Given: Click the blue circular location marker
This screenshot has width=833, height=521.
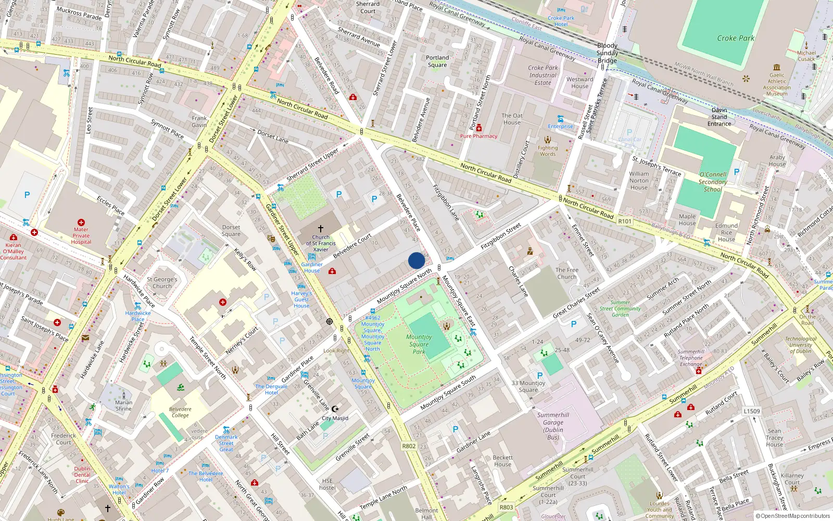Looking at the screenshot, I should [x=416, y=260].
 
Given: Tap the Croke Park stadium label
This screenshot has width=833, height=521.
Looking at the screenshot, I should [x=735, y=38].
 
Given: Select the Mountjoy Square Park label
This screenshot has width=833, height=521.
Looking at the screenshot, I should [x=419, y=344].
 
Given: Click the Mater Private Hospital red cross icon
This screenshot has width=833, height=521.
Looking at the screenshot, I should [x=81, y=222].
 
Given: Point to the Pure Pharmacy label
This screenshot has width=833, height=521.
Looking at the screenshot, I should [x=478, y=136].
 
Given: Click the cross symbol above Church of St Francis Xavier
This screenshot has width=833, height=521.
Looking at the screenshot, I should [x=321, y=228].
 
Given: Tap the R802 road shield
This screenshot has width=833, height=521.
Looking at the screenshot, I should [x=409, y=446].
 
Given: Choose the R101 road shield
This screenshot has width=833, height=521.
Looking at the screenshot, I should [x=625, y=221].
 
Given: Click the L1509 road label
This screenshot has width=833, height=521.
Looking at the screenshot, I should [x=751, y=411].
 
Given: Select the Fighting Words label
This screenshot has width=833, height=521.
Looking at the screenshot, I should [x=547, y=151].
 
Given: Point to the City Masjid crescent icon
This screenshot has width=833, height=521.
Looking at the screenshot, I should [x=335, y=410].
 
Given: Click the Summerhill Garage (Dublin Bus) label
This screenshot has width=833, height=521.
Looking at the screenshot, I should [x=553, y=426].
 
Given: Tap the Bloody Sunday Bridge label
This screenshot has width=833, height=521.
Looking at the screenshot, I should [x=607, y=53].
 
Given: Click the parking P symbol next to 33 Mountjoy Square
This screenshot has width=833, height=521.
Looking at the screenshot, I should [x=540, y=375].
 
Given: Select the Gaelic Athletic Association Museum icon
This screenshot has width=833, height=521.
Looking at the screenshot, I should [x=777, y=67].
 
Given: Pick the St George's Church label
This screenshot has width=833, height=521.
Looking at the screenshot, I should [x=162, y=282].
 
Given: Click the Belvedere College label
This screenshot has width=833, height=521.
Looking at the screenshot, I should [x=180, y=412].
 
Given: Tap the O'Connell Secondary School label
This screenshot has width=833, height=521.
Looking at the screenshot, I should [x=713, y=182].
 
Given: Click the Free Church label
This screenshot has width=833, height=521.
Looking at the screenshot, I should [x=567, y=273].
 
